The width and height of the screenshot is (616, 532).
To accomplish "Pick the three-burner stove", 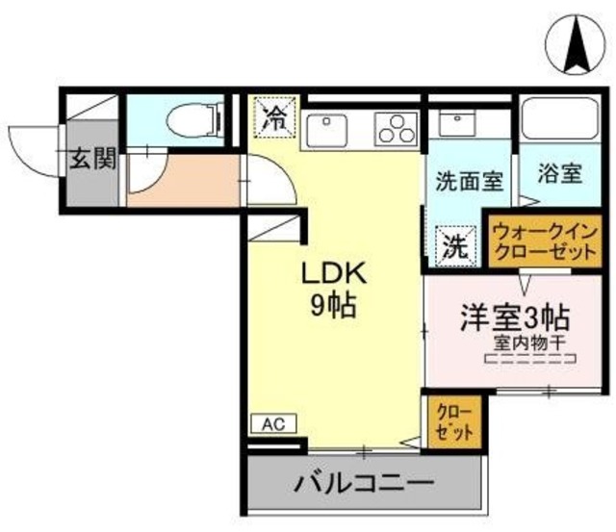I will (x=394, y=127).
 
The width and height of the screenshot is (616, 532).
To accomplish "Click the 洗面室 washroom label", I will (x=469, y=179).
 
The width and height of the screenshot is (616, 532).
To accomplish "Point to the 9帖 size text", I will (x=333, y=306).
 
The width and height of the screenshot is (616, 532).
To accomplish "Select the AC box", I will (x=274, y=423).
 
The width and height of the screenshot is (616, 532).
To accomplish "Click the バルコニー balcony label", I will (x=365, y=480).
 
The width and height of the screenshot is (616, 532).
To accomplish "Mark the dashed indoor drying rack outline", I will (x=531, y=361).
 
